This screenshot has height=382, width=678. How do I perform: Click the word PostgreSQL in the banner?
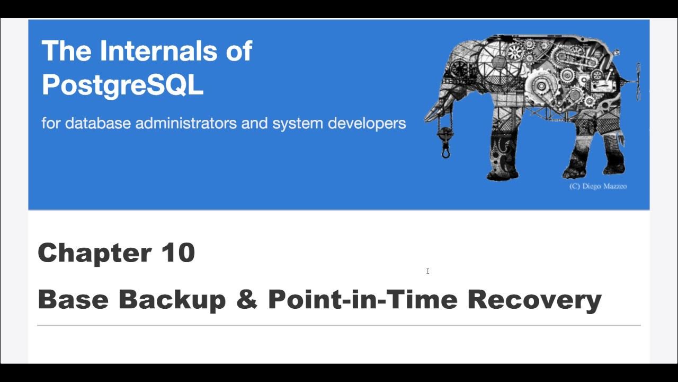(122, 84)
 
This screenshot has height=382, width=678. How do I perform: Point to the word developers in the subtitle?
(367, 124)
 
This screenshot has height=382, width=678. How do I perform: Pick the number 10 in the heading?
(178, 253)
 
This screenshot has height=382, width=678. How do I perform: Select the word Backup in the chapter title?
(172, 299)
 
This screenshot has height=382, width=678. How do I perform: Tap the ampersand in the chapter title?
(247, 299)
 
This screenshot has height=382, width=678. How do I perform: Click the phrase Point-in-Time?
(363, 299)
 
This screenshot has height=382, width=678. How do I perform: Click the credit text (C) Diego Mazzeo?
(598, 186)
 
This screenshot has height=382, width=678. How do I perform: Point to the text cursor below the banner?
(427, 271)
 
